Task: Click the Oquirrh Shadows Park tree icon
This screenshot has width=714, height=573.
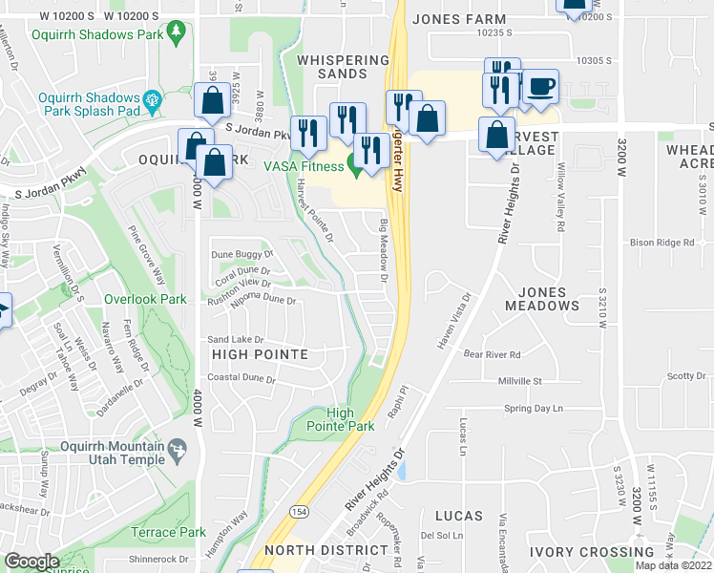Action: pyautogui.click(x=176, y=34)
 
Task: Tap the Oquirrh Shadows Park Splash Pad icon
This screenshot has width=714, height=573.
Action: pyautogui.click(x=151, y=99)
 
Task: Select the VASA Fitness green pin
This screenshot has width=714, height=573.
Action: pyautogui.click(x=357, y=170)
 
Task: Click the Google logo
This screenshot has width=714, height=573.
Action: pyautogui.click(x=31, y=562)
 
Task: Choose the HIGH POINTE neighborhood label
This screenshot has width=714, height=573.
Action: pyautogui.click(x=259, y=354)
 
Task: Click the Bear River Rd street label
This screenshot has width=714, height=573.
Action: pyautogui.click(x=492, y=354)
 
